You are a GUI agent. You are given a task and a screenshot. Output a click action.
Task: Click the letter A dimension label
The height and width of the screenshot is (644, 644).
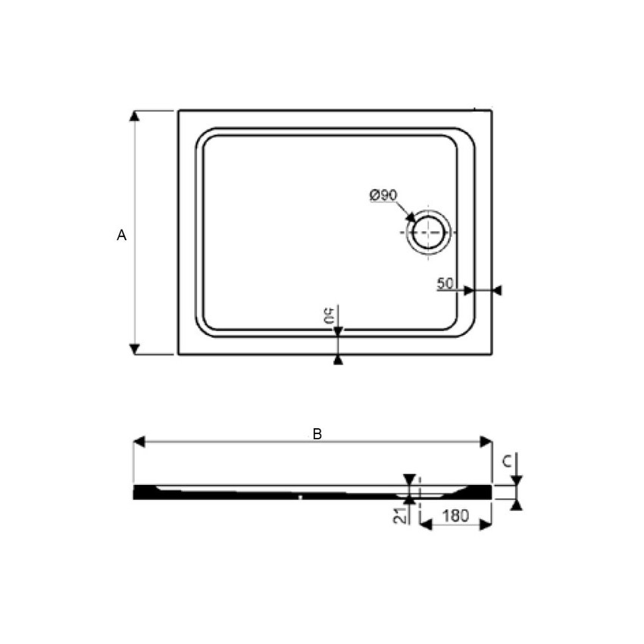(x=121, y=236)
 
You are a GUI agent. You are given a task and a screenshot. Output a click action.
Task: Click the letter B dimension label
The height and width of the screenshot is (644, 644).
(x=317, y=434)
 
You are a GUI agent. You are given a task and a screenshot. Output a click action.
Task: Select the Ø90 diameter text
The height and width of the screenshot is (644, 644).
(x=383, y=195)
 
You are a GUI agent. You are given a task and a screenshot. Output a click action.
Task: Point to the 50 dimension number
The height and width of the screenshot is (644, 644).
(x=445, y=284)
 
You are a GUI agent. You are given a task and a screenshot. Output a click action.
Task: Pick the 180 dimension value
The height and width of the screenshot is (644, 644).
(x=455, y=516)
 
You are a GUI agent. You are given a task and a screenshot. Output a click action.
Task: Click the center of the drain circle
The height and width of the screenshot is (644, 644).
(x=429, y=232)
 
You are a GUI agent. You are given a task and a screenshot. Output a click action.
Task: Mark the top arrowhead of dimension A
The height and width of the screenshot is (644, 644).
(x=135, y=116)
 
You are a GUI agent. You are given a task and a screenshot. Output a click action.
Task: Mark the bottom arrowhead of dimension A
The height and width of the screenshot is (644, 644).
(x=135, y=349)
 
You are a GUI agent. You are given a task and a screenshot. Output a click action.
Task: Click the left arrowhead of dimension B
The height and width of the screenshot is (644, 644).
(x=139, y=442)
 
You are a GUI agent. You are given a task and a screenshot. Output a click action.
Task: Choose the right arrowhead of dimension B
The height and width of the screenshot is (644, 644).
(x=486, y=442)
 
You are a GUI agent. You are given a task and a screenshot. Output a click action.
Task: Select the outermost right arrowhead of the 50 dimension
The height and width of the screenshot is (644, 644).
(x=496, y=290)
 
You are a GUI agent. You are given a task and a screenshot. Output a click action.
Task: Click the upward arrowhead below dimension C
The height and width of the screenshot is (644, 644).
(x=516, y=505)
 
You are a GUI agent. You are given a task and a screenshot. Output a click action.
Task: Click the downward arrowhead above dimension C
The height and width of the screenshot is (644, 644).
(x=516, y=480)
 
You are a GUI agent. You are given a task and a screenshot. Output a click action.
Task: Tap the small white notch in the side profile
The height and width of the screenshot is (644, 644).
(x=301, y=498)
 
